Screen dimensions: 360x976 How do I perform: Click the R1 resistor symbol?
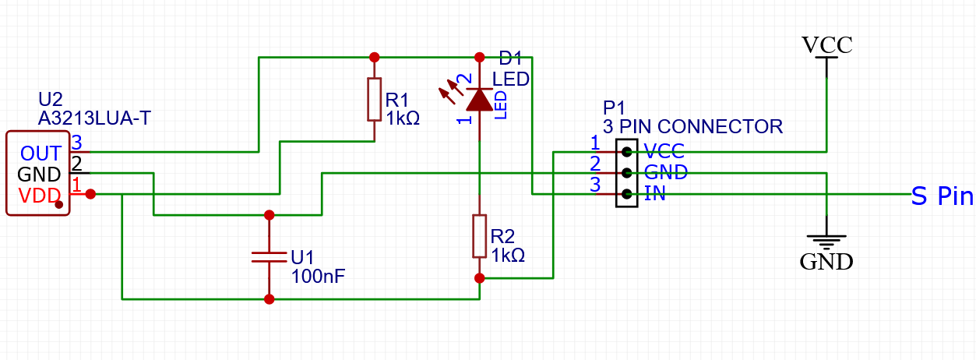(375, 99)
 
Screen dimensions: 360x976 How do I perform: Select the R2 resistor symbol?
(479, 235)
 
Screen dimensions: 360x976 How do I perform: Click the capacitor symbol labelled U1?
(269, 256)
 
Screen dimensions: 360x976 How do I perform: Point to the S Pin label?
(943, 196)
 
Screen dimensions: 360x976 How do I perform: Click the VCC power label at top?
(827, 45)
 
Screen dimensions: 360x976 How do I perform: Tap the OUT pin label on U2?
(41, 153)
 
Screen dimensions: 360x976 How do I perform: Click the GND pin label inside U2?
(39, 174)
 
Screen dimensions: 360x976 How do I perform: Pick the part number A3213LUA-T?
(94, 118)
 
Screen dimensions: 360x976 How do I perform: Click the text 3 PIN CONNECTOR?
(692, 126)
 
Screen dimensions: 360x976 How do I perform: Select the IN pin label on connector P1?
(655, 194)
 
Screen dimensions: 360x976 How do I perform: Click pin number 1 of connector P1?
(594, 143)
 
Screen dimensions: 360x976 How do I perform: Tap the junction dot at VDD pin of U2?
(90, 193)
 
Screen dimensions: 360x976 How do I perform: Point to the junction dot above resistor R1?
(375, 57)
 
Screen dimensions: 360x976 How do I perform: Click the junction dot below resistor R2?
(479, 277)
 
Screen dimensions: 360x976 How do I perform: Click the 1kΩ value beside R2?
(508, 255)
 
